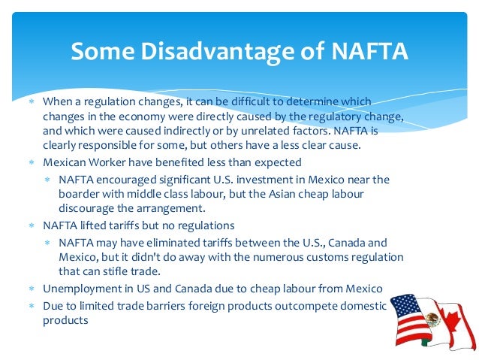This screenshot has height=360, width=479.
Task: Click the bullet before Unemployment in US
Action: [32, 289]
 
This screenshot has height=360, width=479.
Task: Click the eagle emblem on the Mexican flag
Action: [432, 319]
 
